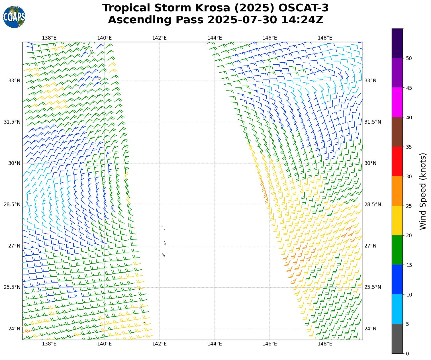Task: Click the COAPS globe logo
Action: (14, 17)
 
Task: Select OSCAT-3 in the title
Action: (303, 8)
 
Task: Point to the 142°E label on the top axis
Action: (159, 38)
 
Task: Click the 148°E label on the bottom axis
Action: (325, 344)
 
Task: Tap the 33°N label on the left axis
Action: (14, 81)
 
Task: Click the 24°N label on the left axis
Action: (14, 329)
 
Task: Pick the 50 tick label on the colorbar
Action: (409, 58)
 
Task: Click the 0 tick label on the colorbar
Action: (407, 354)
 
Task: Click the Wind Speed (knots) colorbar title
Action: (423, 191)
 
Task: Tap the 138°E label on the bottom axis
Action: (49, 344)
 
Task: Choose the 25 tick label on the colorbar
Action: (409, 206)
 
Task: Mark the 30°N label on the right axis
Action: (370, 163)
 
